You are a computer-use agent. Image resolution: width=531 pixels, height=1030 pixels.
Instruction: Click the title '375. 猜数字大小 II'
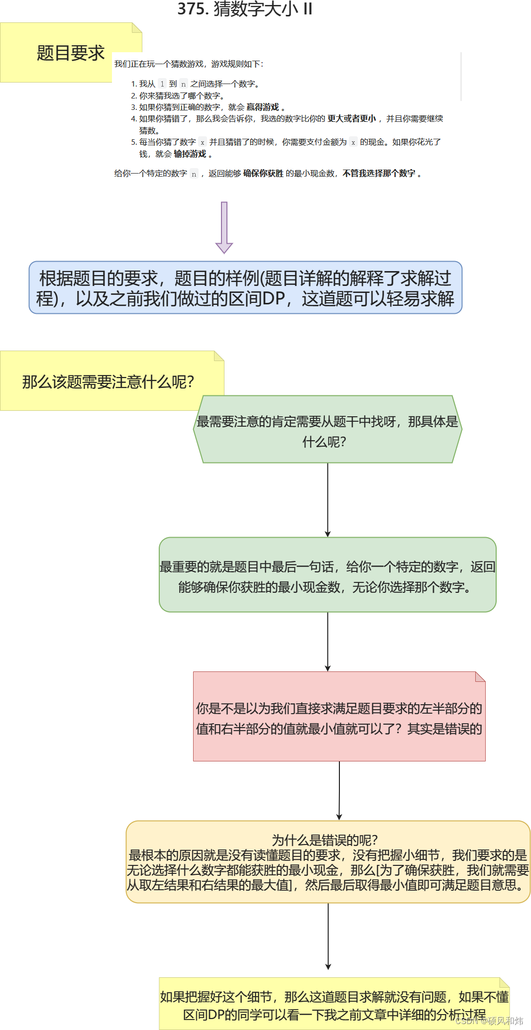tap(245, 9)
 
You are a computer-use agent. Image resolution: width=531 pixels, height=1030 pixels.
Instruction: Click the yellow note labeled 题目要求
tap(70, 53)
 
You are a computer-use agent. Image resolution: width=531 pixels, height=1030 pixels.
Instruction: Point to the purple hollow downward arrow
tap(224, 227)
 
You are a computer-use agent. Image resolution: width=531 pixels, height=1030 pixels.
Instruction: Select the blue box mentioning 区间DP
tap(245, 287)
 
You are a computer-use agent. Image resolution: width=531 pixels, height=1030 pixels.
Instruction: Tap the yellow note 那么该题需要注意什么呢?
tap(107, 381)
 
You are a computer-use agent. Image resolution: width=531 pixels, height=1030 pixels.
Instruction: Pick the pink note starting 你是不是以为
tap(339, 718)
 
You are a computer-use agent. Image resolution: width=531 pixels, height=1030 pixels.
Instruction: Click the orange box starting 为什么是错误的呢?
tap(328, 862)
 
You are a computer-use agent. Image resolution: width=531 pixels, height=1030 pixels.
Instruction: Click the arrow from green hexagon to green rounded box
tap(327, 500)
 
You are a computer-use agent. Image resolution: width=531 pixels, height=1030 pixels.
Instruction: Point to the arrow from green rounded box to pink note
tap(327, 642)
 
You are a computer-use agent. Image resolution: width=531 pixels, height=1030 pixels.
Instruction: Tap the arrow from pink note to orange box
tap(339, 791)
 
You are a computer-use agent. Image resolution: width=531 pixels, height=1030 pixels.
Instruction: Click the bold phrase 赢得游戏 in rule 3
tap(263, 107)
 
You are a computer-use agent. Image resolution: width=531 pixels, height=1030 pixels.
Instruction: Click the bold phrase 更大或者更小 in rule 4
tap(352, 118)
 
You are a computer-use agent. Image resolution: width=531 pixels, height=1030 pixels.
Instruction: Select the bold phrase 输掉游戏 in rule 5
tap(190, 154)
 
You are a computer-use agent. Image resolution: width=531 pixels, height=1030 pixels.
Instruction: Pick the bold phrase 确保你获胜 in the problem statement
tap(263, 173)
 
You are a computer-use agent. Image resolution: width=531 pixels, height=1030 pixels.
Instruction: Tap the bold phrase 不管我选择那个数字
tap(379, 173)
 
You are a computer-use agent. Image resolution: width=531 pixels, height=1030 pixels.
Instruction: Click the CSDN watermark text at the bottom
tap(489, 1021)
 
